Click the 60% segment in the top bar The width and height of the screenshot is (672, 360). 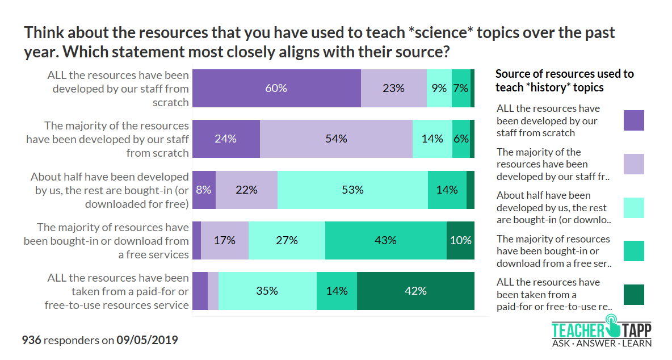[x=276, y=88]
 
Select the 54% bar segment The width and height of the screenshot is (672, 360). [x=336, y=139]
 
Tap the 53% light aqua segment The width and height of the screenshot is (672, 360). [x=352, y=190]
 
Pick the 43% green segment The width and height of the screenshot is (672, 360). [x=385, y=240]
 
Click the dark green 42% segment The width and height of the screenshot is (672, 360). [x=415, y=291]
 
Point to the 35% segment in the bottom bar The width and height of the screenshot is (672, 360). [x=267, y=291]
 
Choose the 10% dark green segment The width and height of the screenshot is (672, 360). [x=460, y=240]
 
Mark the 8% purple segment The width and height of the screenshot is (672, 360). [x=204, y=190]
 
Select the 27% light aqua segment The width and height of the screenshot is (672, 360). [x=287, y=240]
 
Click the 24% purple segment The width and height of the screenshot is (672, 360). [x=226, y=139]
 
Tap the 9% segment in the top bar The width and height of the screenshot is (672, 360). [x=439, y=88]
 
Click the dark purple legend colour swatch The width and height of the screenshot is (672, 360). [x=633, y=120]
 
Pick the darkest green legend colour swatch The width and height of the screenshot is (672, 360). [x=633, y=295]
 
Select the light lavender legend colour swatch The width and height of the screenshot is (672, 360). [x=633, y=164]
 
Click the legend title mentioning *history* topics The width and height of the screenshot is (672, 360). [x=564, y=81]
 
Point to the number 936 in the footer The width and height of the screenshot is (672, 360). [x=31, y=341]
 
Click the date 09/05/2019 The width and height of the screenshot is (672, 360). [x=147, y=341]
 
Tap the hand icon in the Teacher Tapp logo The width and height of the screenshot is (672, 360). [x=612, y=327]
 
